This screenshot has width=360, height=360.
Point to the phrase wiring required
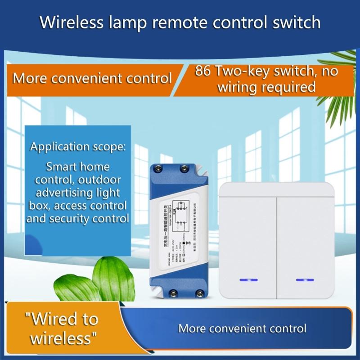click(x=266, y=87)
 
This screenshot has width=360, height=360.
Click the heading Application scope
click(x=78, y=147)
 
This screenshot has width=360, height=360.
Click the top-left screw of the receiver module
click(x=159, y=169)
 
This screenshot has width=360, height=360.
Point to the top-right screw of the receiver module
click(x=184, y=169)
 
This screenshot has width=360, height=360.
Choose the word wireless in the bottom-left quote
click(x=62, y=337)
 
